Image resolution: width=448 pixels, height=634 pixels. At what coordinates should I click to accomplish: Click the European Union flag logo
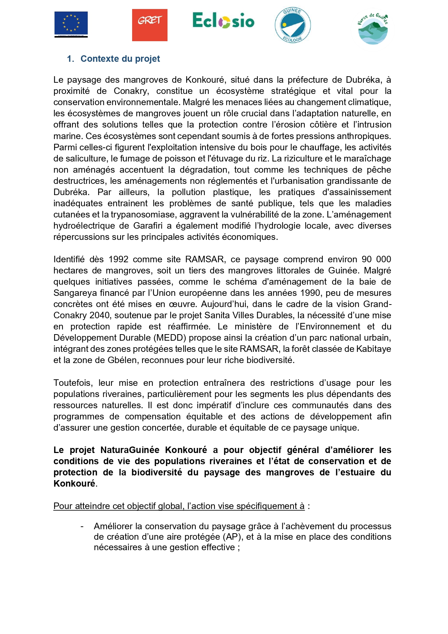point(71,24)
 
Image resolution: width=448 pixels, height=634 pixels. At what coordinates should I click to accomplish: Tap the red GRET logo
point(149,25)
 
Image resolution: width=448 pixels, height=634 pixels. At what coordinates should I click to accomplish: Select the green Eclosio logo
point(223,21)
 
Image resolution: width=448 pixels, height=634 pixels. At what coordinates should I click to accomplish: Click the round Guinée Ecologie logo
point(292,25)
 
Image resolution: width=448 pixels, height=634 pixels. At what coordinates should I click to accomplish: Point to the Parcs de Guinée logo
point(373,28)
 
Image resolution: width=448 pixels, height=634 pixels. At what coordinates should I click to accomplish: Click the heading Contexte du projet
point(120,59)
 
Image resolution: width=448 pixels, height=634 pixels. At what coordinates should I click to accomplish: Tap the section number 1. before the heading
point(70,59)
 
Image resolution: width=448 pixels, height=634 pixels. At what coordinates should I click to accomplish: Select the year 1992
point(118,259)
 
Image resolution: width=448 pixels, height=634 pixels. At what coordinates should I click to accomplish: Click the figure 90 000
point(376,259)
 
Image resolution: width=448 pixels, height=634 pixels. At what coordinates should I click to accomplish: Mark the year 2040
point(100,315)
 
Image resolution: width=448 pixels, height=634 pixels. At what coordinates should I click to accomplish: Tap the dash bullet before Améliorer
point(82,526)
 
